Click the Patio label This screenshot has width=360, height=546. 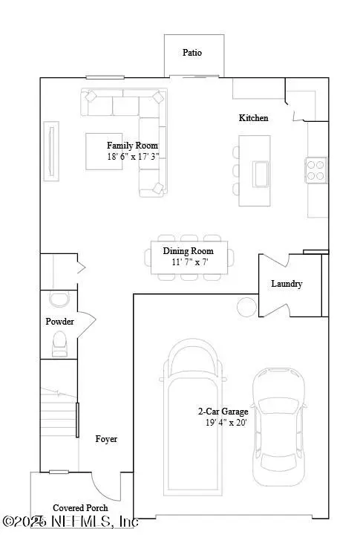tap(192, 53)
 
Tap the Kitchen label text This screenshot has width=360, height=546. tap(253, 118)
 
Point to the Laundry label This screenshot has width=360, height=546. tap(287, 284)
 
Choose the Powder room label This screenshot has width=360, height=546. tap(59, 322)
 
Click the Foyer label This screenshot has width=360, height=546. tap(106, 439)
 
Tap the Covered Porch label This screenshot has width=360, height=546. tap(79, 507)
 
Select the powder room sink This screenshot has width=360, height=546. tap(57, 299)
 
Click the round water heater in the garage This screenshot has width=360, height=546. tap(245, 306)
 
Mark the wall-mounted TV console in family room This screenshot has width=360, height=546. tap(51, 153)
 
